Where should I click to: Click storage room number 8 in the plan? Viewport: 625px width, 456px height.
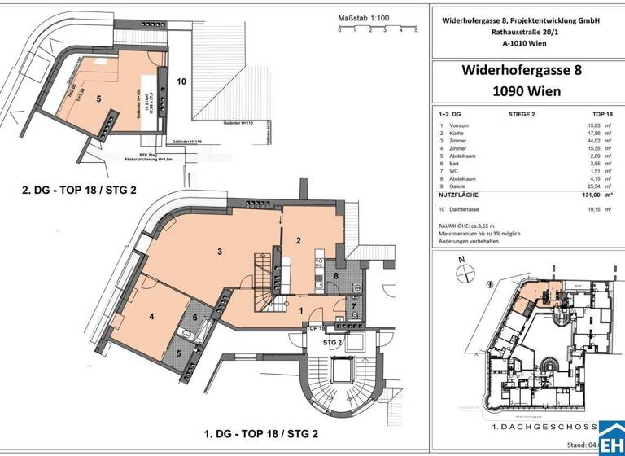(x=336, y=276)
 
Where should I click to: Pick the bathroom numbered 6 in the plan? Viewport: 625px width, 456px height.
(x=195, y=318)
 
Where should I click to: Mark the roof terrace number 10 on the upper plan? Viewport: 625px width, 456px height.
(x=181, y=81)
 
